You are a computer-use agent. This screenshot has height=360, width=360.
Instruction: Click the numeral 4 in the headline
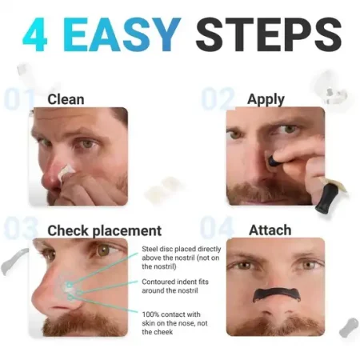click(34, 34)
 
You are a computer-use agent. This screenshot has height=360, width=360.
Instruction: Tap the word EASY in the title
click(122, 34)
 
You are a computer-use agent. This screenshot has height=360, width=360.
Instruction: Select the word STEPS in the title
click(269, 34)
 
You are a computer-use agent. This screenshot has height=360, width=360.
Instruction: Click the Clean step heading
click(66, 99)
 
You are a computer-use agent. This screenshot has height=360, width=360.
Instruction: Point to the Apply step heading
click(266, 100)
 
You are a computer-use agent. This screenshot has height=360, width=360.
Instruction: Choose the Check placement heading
click(104, 230)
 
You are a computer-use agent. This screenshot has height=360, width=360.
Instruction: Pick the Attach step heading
click(270, 230)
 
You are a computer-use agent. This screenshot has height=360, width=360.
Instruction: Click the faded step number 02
click(218, 98)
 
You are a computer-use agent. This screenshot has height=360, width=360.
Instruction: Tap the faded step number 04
click(217, 227)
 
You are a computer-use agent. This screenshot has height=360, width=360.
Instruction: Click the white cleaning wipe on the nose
click(66, 171)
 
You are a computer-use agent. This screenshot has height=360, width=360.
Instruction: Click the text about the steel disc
click(182, 258)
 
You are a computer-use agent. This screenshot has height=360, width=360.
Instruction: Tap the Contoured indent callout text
click(175, 286)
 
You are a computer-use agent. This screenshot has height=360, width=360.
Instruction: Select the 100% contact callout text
click(174, 323)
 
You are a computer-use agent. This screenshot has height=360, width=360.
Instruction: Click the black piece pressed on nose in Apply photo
click(274, 161)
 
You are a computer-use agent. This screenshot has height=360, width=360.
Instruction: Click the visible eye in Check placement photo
click(105, 250)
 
